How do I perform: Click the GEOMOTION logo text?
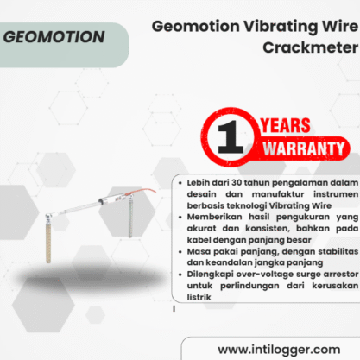[x=54, y=37]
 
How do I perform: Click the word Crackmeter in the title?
[x=311, y=47]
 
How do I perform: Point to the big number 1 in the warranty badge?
[x=231, y=136]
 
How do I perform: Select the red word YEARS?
[x=285, y=125]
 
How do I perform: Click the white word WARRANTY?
[x=304, y=148]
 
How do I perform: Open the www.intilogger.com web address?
[x=279, y=350]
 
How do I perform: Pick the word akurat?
[x=201, y=229]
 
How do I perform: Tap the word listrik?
[x=199, y=297]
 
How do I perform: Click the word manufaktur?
[x=278, y=194]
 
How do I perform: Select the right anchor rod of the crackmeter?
[x=130, y=216]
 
